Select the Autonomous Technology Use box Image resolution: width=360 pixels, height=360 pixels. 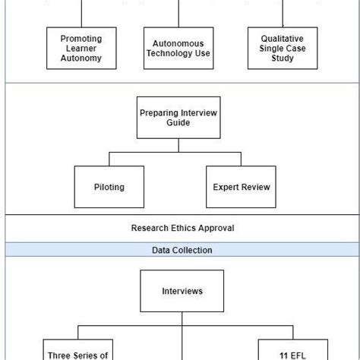(180, 48)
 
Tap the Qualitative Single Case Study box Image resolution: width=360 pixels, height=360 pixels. (282, 48)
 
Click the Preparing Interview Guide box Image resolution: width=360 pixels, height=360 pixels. (178, 118)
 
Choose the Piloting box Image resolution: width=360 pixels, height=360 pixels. (109, 187)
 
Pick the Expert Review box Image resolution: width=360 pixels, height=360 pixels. (241, 187)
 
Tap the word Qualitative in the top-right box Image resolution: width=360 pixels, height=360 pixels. (282, 37)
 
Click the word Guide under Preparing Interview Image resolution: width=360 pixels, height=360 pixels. (178, 124)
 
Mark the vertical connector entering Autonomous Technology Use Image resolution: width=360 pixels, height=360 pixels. (180, 14)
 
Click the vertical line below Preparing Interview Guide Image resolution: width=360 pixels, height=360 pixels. (178, 146)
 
